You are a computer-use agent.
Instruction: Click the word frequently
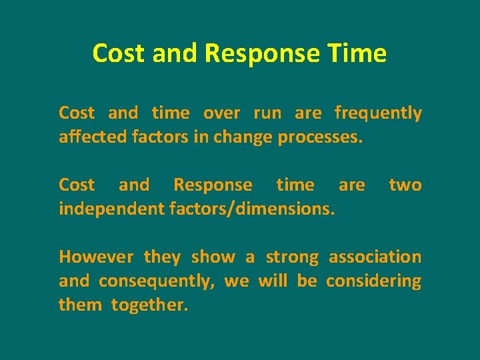tap(378, 114)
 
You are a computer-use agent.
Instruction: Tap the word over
tap(221, 114)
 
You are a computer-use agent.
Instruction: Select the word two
tap(405, 185)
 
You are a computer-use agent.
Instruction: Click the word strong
tap(292, 257)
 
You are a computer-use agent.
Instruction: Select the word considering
tap(373, 281)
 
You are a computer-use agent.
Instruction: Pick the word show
tap(213, 257)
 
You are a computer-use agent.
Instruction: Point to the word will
tap(272, 281)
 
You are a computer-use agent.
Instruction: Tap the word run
tap(267, 114)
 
